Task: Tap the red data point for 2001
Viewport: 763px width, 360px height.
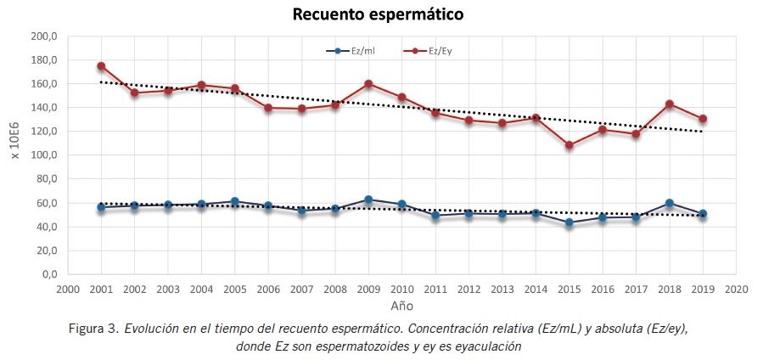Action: click(101, 66)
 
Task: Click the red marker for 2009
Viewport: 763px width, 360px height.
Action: click(368, 84)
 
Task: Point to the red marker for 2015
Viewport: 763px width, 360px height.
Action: click(569, 145)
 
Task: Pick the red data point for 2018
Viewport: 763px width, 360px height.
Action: click(669, 104)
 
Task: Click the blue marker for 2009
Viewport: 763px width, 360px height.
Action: click(368, 200)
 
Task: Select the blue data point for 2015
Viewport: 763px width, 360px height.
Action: click(569, 223)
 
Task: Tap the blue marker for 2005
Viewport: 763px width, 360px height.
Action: click(234, 202)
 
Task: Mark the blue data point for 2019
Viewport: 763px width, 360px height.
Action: click(703, 214)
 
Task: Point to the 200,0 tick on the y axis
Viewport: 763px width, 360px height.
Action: click(42, 37)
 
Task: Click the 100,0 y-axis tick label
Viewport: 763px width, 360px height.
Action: click(42, 155)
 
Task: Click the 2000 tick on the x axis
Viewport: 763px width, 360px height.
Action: click(68, 289)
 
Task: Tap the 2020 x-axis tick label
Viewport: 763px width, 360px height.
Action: click(736, 289)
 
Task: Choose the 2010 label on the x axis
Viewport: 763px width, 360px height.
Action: click(401, 289)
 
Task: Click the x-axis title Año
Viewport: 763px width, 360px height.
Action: click(401, 305)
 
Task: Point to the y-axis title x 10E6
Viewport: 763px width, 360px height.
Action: click(14, 155)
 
